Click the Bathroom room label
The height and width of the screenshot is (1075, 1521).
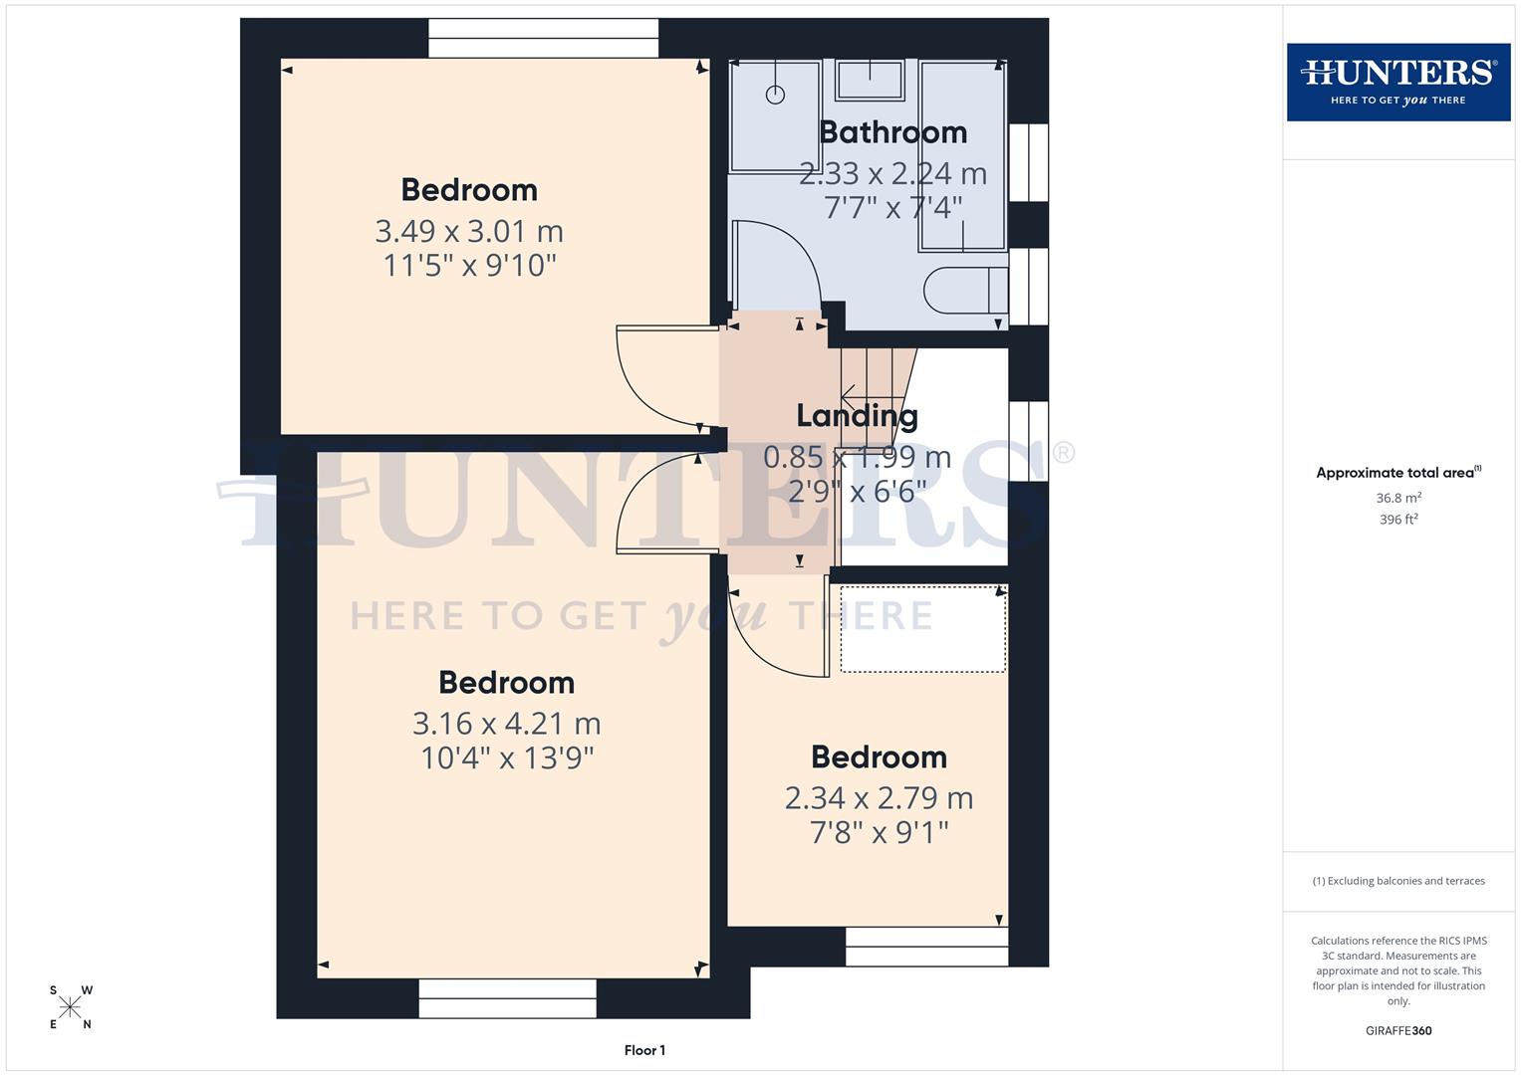(x=892, y=132)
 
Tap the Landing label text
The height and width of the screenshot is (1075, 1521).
(x=857, y=416)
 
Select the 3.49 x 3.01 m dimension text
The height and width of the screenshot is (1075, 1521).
(x=469, y=231)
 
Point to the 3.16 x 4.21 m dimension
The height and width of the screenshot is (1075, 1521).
(x=506, y=724)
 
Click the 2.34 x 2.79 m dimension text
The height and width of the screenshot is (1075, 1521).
(x=879, y=798)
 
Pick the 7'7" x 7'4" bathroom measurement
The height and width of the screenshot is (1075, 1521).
(x=893, y=208)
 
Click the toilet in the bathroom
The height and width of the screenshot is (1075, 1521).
(x=965, y=291)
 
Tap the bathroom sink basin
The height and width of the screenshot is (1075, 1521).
(x=870, y=80)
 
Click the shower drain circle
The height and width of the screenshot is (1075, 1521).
(x=775, y=96)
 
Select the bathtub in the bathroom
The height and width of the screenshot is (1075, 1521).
(x=962, y=154)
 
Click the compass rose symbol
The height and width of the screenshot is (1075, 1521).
(x=70, y=1007)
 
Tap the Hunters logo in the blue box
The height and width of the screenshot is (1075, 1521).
(x=1397, y=82)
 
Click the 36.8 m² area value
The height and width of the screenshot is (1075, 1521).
(x=1397, y=498)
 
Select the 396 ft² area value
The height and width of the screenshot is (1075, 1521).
(x=1397, y=520)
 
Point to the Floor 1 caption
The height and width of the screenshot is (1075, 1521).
(x=644, y=1050)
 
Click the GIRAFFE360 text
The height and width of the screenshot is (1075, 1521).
(x=1397, y=1031)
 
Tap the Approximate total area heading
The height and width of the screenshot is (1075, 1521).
(x=1397, y=473)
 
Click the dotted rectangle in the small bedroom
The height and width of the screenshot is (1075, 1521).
(x=922, y=629)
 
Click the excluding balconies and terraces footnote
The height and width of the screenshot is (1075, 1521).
(x=1397, y=881)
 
